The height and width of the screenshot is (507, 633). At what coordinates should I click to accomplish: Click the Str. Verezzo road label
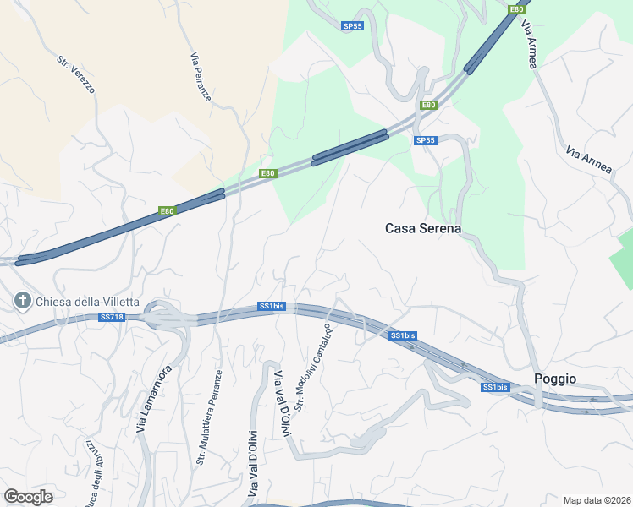click(75, 74)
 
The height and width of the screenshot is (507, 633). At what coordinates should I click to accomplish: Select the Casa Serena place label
click(422, 228)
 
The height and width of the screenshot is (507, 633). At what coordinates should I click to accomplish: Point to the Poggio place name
click(555, 379)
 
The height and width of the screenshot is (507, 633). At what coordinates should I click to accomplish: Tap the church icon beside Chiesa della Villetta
click(22, 301)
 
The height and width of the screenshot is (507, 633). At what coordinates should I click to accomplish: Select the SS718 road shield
click(112, 318)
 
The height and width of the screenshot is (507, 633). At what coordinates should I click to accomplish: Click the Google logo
click(28, 496)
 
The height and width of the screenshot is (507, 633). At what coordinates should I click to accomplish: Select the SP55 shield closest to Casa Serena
click(426, 140)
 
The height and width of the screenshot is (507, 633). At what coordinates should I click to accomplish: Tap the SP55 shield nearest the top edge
click(353, 26)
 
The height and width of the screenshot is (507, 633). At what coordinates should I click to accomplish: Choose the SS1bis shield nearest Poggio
click(495, 387)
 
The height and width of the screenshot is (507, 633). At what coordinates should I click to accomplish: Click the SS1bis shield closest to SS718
click(271, 306)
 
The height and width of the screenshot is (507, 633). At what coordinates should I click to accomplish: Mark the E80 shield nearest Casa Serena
click(429, 106)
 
